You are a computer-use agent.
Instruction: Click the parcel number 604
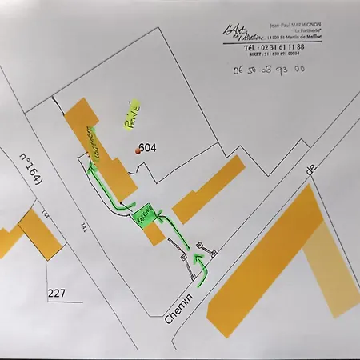coord(147,147)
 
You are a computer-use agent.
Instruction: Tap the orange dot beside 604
coord(138,150)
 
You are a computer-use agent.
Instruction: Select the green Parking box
coord(144,215)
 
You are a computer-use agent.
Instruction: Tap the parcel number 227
coord(56,293)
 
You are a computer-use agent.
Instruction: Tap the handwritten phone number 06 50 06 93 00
coord(266,70)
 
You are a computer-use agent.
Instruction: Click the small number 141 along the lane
coord(83,228)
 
